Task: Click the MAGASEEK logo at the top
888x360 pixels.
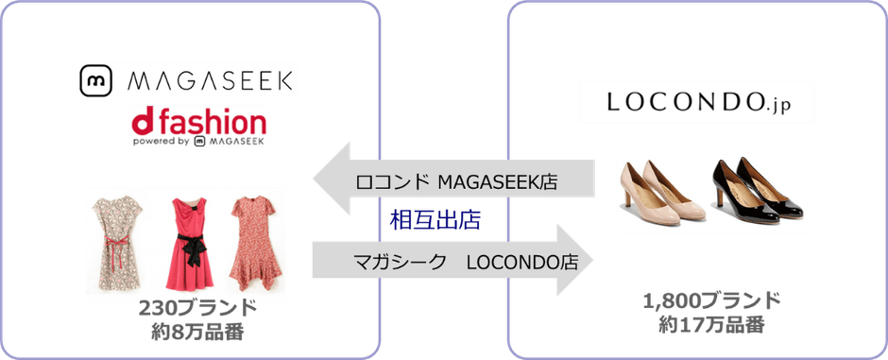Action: (x=189, y=80)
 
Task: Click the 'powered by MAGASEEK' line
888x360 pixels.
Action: (x=198, y=142)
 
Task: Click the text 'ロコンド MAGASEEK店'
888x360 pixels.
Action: (x=454, y=180)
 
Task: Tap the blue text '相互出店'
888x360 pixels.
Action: (x=435, y=221)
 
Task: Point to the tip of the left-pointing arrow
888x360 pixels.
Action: (x=314, y=180)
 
